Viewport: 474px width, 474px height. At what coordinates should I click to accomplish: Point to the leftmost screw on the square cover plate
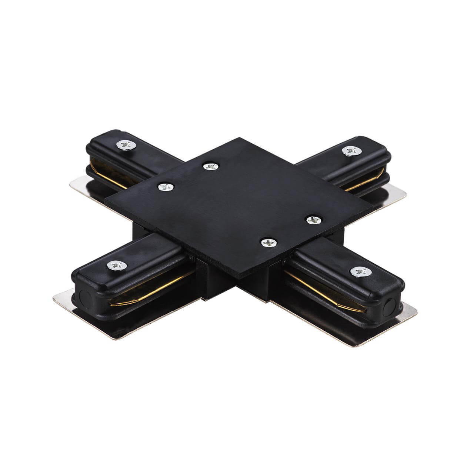(x=166, y=187)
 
